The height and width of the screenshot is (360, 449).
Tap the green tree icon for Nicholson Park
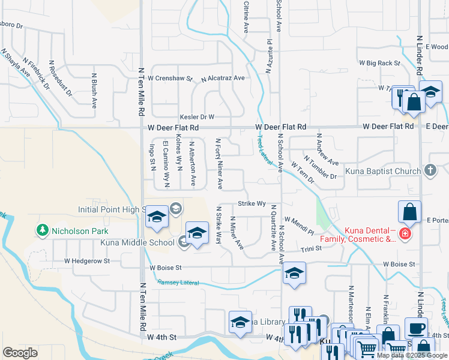[x=42, y=229]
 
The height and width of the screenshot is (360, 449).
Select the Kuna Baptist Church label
[x=386, y=171]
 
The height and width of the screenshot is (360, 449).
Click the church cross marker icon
[x=430, y=171]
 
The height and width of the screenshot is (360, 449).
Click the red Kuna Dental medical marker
[x=406, y=233]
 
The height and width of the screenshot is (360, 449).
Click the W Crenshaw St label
[x=170, y=78]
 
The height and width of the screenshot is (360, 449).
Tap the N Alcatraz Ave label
[x=223, y=78]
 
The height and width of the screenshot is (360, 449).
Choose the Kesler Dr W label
[x=197, y=117]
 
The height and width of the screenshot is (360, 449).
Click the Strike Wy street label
[x=252, y=203]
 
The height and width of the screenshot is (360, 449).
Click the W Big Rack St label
[x=379, y=62]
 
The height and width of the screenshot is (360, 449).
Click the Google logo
[x=20, y=353]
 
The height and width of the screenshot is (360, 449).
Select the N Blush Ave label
[x=94, y=91]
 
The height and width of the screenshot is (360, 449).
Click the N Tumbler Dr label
[x=321, y=167]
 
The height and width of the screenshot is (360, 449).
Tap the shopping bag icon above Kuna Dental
[x=409, y=212]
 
